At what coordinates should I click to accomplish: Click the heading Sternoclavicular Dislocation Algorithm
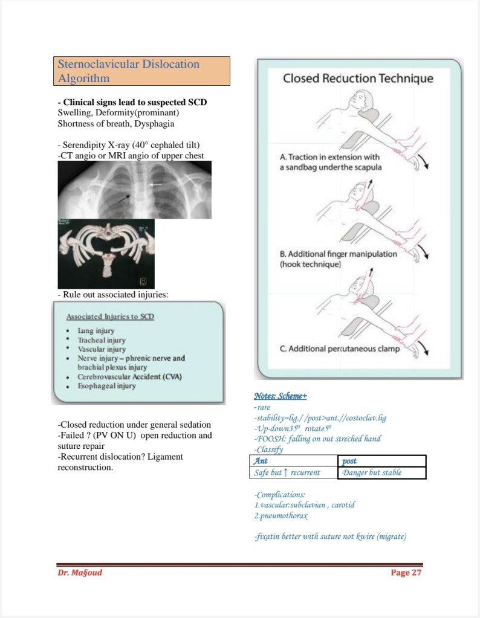[x=128, y=71]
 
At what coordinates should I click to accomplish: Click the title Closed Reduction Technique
[x=358, y=79]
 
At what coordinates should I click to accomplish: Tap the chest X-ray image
[x=134, y=190]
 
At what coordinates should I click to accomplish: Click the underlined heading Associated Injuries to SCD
[x=110, y=317]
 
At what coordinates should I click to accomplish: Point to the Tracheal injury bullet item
[x=102, y=340]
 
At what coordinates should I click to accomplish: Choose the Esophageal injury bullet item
[x=106, y=385]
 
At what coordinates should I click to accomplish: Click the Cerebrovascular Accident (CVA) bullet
[x=129, y=376]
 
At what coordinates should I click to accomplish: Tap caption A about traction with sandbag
[x=329, y=162]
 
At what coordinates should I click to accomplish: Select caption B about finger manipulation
[x=338, y=259]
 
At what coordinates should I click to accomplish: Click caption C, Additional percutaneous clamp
[x=339, y=349]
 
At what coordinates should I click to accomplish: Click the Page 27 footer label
[x=406, y=573]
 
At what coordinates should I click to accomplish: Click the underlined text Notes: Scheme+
[x=281, y=396]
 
